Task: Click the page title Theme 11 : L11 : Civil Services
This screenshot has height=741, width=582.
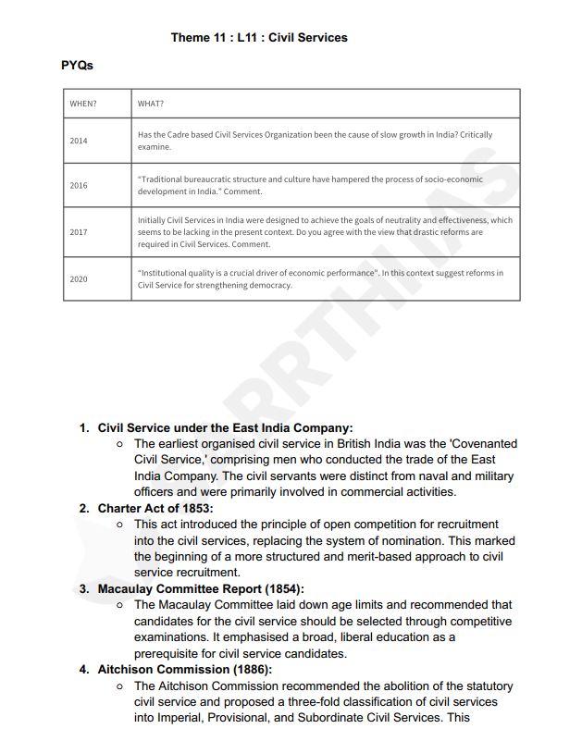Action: [x=259, y=37]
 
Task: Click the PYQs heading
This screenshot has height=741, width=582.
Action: [x=77, y=66]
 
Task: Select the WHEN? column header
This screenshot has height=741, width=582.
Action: [x=83, y=104]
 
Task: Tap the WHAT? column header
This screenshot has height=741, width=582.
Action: [x=151, y=104]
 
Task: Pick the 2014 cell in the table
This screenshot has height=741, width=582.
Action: [x=79, y=141]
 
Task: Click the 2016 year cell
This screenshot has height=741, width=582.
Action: [x=79, y=185]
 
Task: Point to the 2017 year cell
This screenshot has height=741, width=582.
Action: [x=79, y=231]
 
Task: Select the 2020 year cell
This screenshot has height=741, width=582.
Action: [x=79, y=278]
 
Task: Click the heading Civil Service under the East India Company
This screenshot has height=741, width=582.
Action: [x=225, y=428]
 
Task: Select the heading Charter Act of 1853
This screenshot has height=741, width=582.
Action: [x=155, y=508]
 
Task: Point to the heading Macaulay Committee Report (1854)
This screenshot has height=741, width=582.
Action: [x=201, y=588]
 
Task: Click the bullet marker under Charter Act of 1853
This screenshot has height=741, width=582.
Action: [x=121, y=525]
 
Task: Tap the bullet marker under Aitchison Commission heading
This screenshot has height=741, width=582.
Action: [x=121, y=686]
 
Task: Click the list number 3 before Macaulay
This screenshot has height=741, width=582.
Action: [x=84, y=588]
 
